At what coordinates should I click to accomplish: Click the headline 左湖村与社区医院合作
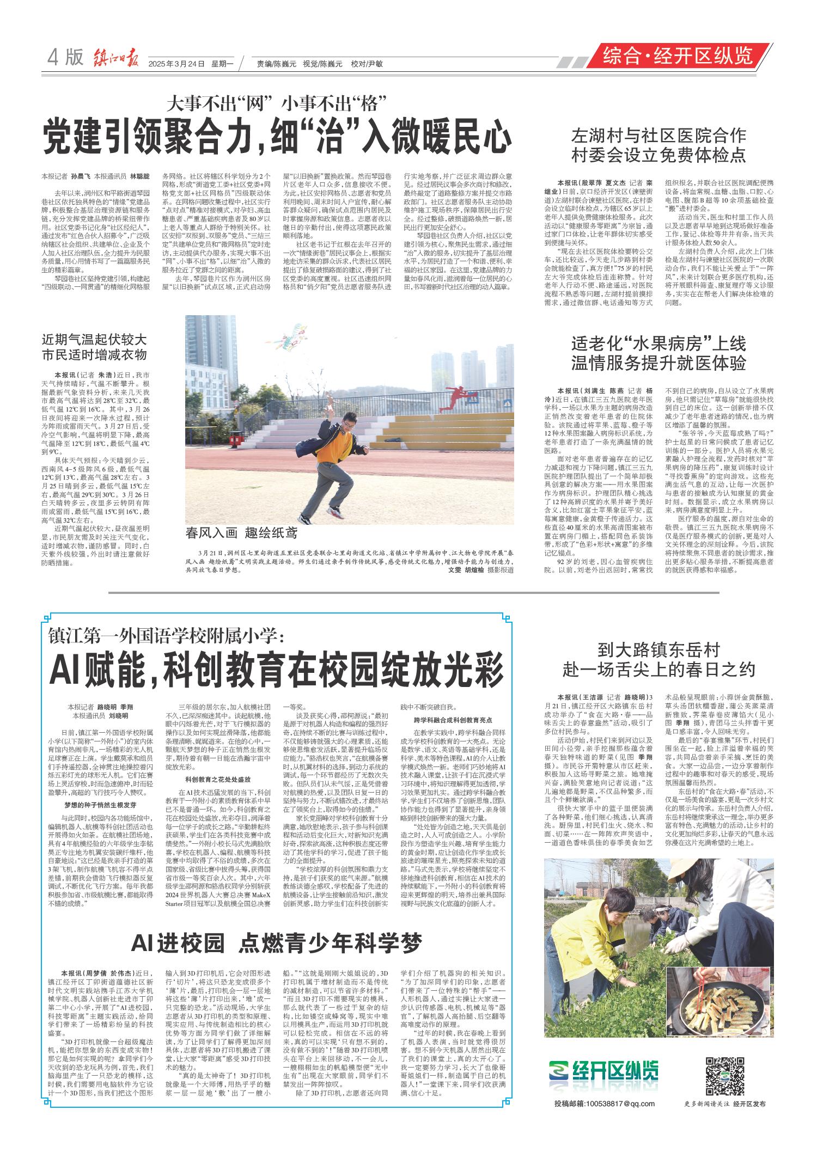(658, 136)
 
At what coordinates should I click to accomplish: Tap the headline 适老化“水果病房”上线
(658, 344)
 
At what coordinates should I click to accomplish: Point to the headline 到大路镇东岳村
(658, 649)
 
